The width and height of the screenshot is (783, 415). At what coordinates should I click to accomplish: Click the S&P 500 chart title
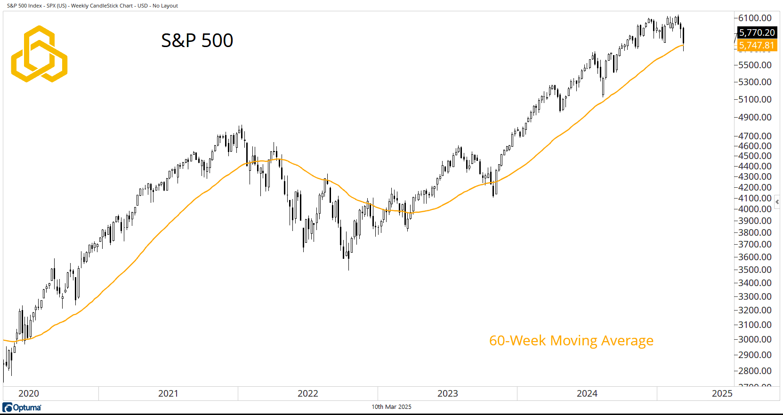point(197,40)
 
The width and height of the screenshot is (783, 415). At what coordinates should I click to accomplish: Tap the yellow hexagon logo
point(39,54)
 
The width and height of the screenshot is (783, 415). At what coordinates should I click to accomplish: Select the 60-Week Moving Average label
point(571,340)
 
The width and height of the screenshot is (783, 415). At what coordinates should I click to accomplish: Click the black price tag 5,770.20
point(757,32)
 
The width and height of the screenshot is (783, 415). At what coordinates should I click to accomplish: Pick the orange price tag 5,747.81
point(757,45)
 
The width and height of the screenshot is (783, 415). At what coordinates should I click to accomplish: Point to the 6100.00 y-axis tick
point(755,18)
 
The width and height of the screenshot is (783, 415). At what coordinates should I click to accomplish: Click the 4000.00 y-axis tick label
point(755,209)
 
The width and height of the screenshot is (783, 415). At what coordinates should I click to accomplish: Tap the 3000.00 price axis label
point(755,339)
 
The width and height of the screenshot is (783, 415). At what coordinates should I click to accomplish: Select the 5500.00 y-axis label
point(755,65)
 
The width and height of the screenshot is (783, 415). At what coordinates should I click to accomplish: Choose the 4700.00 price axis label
point(755,136)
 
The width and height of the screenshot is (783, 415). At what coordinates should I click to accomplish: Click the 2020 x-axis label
point(29,393)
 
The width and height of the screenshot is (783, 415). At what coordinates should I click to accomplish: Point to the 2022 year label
point(308,393)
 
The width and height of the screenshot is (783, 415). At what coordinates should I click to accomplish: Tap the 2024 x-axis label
point(587,393)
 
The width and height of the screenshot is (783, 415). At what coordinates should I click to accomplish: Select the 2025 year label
point(722,393)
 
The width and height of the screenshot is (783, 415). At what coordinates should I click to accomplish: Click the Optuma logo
point(22,407)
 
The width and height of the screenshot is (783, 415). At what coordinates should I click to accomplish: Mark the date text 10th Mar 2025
point(391,407)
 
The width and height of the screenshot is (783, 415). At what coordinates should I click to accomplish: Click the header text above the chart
point(93,6)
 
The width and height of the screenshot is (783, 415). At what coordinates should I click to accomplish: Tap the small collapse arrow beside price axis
point(777,202)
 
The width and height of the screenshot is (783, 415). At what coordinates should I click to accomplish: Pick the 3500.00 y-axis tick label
point(755,270)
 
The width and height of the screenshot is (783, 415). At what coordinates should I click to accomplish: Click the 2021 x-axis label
point(168,393)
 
